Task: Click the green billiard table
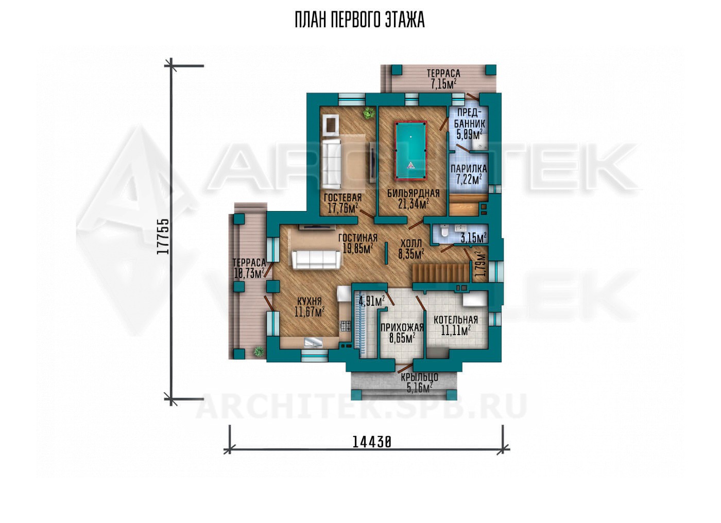coord(411,150)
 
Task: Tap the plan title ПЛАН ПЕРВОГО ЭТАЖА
coord(360,20)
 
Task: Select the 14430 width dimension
coord(372,442)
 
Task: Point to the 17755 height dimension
coord(163,236)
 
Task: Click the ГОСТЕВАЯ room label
coord(343,198)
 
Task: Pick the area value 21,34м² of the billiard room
coord(413,204)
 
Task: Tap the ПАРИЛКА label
coord(469,168)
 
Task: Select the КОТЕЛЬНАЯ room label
coord(456,320)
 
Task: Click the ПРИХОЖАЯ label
coord(402,328)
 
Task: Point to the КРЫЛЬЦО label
coord(419,377)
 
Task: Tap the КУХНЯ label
coord(310,301)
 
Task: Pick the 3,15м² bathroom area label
coord(473,238)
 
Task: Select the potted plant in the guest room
coord(369,113)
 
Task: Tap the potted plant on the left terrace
coord(259,351)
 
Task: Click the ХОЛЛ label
coord(411,243)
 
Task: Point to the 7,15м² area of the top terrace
coord(444,84)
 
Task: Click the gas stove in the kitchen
coord(346,326)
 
